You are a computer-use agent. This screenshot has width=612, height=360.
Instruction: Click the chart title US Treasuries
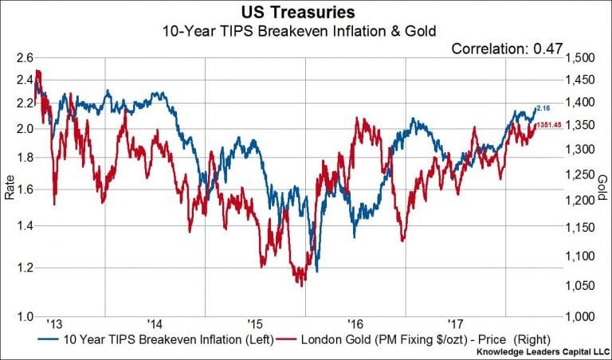tap(306, 14)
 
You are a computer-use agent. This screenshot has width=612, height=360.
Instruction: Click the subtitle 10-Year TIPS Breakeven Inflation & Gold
tap(306, 33)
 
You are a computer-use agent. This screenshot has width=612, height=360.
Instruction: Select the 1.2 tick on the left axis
tap(23, 268)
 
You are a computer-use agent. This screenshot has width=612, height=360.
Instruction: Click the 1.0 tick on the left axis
tap(23, 317)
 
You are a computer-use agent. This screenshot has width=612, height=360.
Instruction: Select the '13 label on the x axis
tap(54, 325)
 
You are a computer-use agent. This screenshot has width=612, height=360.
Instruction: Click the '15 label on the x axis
tap(255, 325)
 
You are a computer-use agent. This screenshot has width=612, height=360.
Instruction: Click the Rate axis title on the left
tap(10, 187)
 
